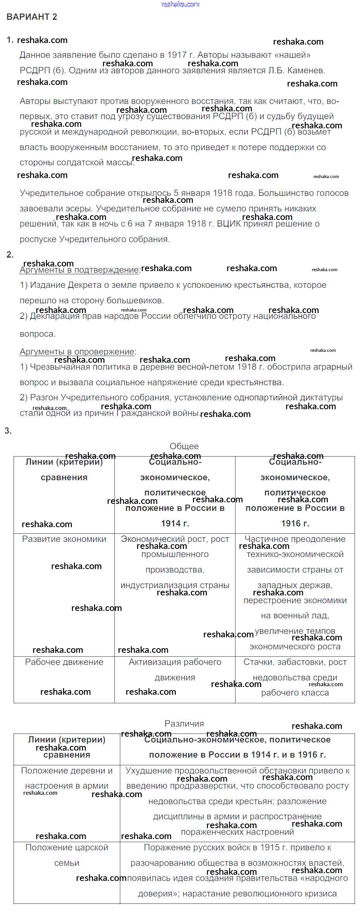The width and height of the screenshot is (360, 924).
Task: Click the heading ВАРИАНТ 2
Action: click(32, 17)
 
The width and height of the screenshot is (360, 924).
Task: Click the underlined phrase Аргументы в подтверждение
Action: click(79, 270)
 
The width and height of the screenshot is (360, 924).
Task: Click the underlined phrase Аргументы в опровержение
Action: click(77, 351)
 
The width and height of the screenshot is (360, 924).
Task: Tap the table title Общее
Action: click(184, 446)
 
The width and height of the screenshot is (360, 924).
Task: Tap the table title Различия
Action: click(184, 723)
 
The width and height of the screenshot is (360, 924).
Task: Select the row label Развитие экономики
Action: click(64, 539)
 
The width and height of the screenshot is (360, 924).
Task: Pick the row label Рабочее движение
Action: click(64, 662)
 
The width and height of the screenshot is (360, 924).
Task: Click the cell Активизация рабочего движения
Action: click(175, 670)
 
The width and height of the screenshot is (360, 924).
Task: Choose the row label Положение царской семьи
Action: click(67, 855)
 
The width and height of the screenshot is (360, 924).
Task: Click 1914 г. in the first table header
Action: click(175, 523)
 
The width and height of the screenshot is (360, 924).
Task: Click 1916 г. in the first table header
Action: click(295, 523)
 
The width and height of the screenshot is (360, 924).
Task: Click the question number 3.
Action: click(8, 431)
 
